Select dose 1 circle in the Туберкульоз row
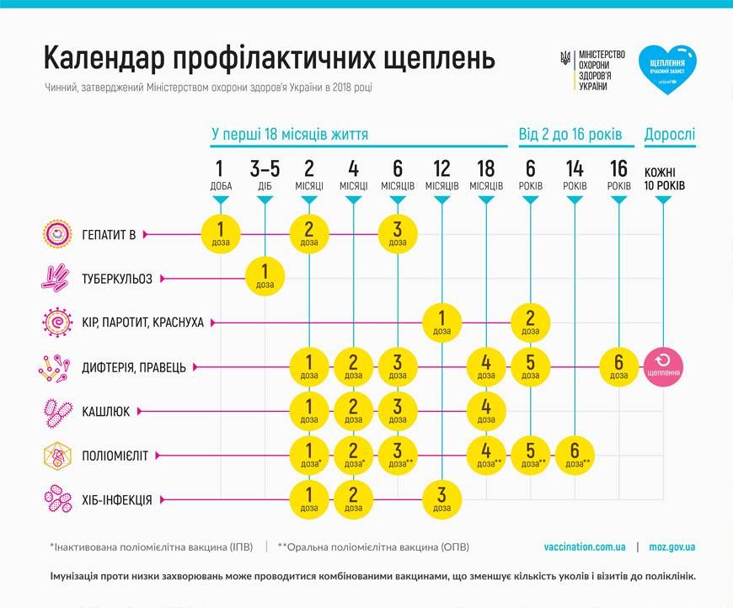click(265, 278)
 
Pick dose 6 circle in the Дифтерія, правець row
click(619, 366)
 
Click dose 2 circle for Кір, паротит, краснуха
click(530, 323)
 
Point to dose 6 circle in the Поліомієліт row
click(575, 456)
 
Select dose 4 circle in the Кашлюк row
click(486, 411)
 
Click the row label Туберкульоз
click(117, 279)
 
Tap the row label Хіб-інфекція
click(117, 500)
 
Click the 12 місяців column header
click(441, 173)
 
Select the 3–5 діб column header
click(265, 173)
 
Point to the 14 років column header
click(575, 173)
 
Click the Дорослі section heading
click(670, 134)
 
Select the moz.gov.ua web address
click(672, 547)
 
